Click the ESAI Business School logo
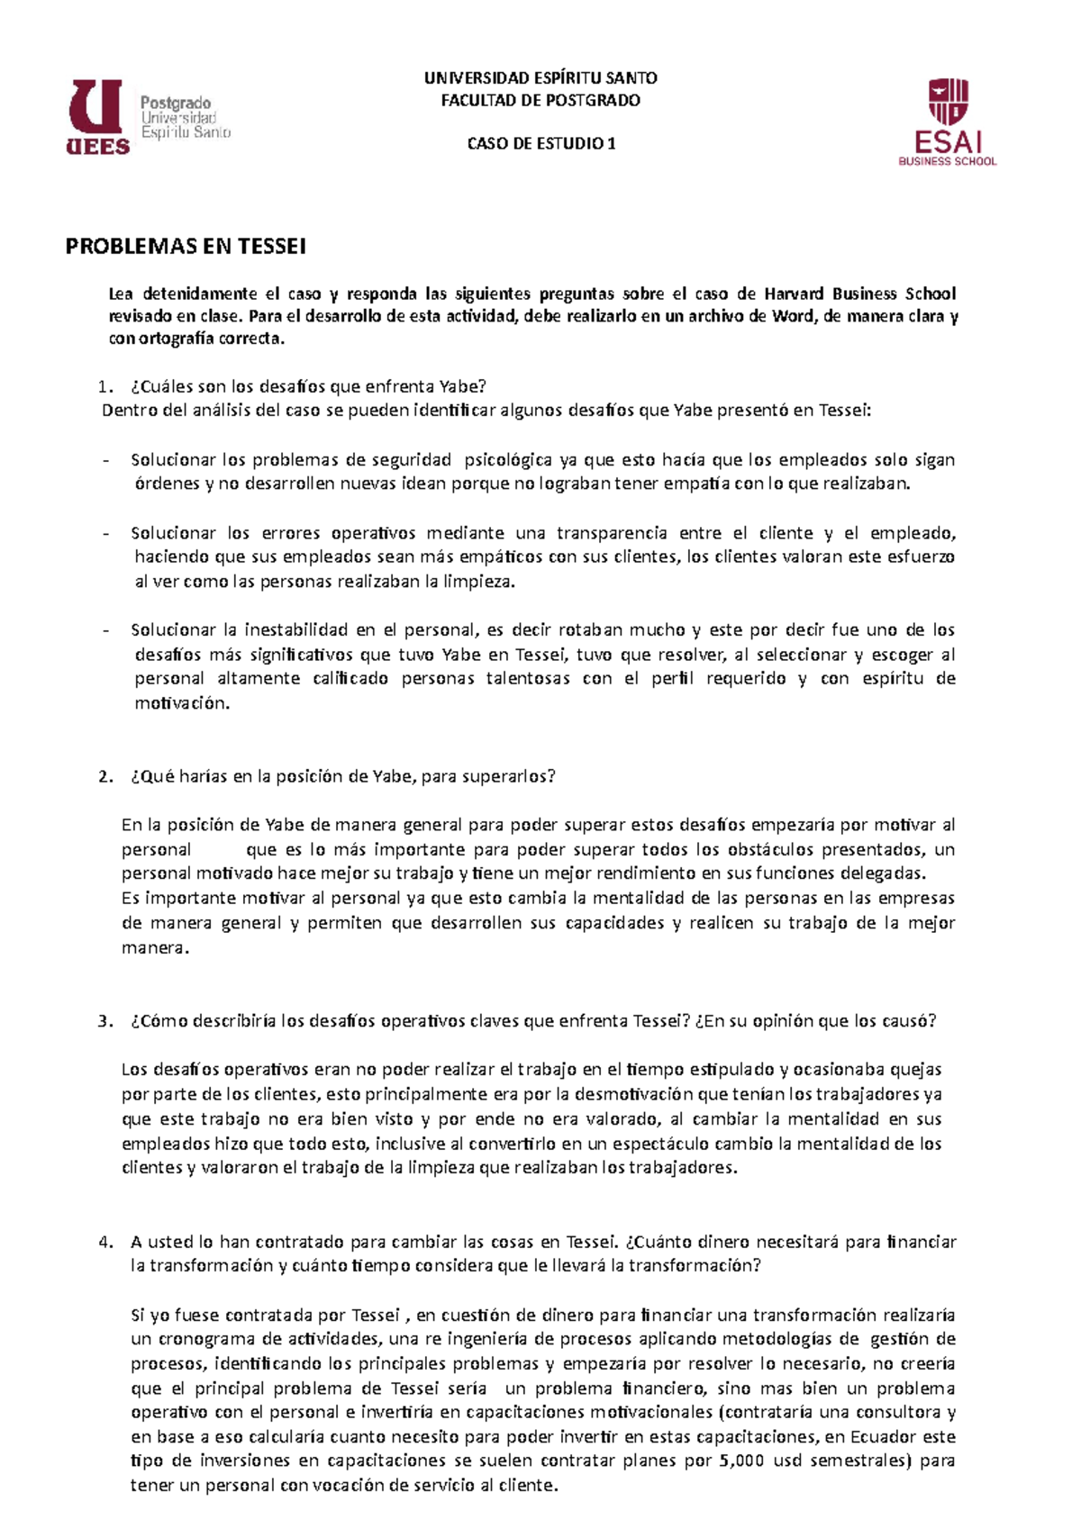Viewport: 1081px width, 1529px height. coord(948,122)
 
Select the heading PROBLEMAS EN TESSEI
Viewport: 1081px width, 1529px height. coord(186,246)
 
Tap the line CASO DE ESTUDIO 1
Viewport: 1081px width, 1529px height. coord(540,143)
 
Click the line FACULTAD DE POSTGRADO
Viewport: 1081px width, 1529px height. coord(540,100)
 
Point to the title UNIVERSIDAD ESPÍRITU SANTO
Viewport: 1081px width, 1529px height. coord(540,78)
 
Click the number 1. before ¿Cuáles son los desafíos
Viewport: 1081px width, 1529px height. coord(106,387)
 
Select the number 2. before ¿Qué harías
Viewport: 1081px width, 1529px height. coord(106,776)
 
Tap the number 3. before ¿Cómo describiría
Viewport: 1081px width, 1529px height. coord(106,1021)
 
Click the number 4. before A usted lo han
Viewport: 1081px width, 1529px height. coord(106,1242)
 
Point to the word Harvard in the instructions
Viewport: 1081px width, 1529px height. coord(794,294)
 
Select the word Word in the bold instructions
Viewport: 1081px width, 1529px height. coord(792,316)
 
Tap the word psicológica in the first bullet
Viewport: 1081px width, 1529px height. coord(507,460)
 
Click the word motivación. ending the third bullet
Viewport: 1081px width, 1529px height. coord(182,703)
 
